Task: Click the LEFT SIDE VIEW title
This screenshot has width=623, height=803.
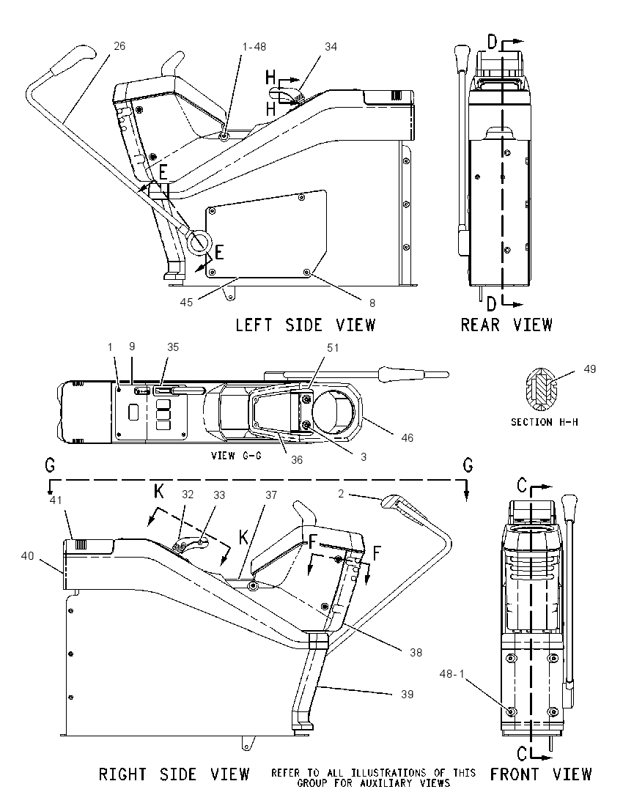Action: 306,325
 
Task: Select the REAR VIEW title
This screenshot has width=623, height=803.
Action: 506,325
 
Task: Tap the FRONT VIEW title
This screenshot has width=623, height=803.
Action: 540,774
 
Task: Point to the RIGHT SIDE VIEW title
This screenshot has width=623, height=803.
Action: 174,774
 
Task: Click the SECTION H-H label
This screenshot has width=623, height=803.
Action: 544,423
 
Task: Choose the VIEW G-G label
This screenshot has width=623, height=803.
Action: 237,455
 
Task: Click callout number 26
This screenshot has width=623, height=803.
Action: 119,46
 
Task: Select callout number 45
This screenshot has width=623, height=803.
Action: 186,302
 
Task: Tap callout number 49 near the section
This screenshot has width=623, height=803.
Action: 590,369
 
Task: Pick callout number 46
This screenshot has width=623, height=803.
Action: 407,438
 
